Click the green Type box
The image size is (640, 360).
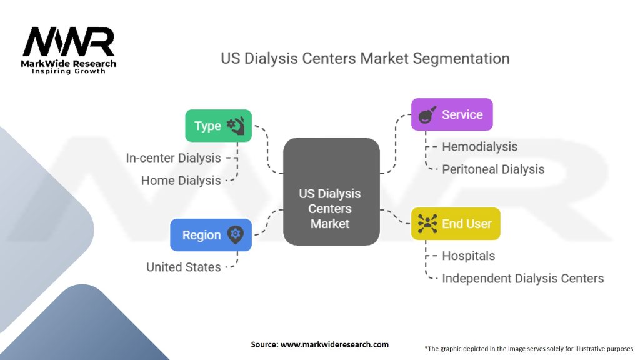pyautogui.click(x=218, y=126)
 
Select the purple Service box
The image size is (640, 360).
pyautogui.click(x=452, y=114)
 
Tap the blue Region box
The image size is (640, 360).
pyautogui.click(x=211, y=235)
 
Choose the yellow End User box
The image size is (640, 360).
pyautogui.click(x=456, y=224)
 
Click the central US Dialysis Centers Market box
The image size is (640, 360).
pyautogui.click(x=331, y=192)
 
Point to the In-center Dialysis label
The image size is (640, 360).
pyautogui.click(x=174, y=158)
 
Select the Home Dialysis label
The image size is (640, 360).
pyautogui.click(x=181, y=181)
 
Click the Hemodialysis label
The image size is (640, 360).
pyautogui.click(x=479, y=146)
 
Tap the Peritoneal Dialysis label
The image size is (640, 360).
pyautogui.click(x=493, y=169)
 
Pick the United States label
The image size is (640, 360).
pyautogui.click(x=184, y=267)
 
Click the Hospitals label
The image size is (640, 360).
pyautogui.click(x=469, y=256)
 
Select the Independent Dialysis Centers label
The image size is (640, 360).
pyautogui.click(x=523, y=278)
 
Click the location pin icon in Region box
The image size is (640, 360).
pyautogui.click(x=235, y=235)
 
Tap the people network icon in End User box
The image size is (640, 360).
pyautogui.click(x=427, y=224)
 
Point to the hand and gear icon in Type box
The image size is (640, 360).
pyautogui.click(x=236, y=126)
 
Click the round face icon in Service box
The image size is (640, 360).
pyautogui.click(x=427, y=115)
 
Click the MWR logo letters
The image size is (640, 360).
pyautogui.click(x=69, y=42)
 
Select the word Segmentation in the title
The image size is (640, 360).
pyautogui.click(x=461, y=58)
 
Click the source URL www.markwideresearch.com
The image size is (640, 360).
pyautogui.click(x=335, y=344)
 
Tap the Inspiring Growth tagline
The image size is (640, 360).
pyautogui.click(x=69, y=71)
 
